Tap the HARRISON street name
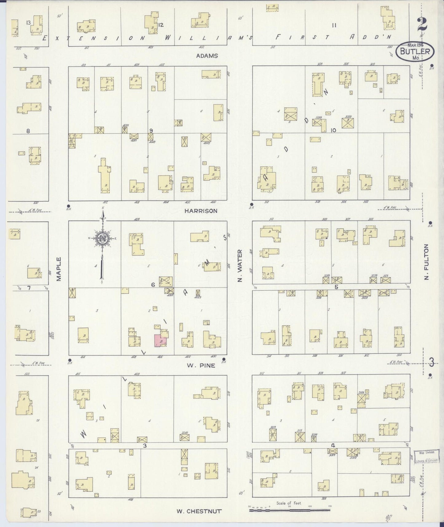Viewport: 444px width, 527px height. [201, 211]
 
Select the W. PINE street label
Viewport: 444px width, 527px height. [202, 366]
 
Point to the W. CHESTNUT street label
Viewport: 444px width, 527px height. [199, 512]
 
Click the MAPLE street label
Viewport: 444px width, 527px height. [59, 269]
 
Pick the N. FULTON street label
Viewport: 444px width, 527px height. [426, 262]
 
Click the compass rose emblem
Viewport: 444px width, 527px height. [102, 238]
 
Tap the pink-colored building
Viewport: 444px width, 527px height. [160, 340]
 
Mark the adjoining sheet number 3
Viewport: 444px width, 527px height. [431, 363]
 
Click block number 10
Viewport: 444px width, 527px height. [333, 130]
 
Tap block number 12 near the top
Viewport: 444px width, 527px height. [161, 25]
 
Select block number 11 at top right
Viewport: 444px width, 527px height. [334, 26]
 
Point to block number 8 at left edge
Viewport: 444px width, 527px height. [28, 131]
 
